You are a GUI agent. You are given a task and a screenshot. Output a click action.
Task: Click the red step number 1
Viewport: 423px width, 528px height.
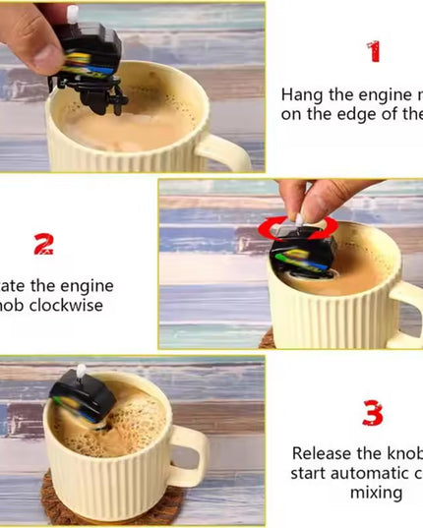[x=373, y=51]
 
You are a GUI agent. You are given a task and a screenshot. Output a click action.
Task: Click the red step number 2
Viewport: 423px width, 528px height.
[x=43, y=244]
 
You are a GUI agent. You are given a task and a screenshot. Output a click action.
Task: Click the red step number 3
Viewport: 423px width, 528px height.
[x=372, y=413]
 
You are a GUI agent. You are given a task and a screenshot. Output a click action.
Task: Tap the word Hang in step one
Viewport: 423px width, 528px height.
[x=303, y=95]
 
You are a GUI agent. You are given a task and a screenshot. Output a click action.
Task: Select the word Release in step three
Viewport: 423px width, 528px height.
[x=327, y=453]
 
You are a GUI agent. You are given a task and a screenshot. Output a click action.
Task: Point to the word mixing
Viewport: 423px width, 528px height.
[x=376, y=492]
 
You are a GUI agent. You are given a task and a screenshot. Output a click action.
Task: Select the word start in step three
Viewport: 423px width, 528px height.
[x=309, y=473]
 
